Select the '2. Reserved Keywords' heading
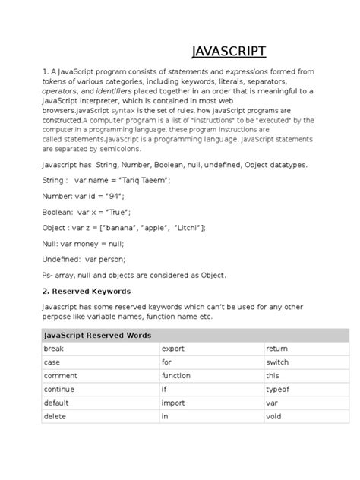click(87, 291)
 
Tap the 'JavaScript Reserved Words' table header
click(97, 335)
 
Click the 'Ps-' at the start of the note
click(49, 275)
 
